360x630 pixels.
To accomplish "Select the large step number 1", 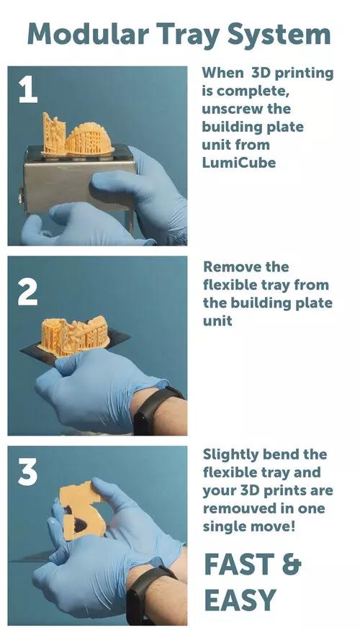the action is coord(28,90).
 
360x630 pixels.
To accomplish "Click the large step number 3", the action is coord(28,472).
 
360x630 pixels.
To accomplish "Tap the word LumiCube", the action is coord(239,163).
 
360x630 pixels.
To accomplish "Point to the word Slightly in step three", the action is coord(230,455).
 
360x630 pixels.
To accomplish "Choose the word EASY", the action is coord(240,600).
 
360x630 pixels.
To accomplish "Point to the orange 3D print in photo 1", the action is coord(78,135).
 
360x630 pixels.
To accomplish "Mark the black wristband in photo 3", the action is coord(148,594).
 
